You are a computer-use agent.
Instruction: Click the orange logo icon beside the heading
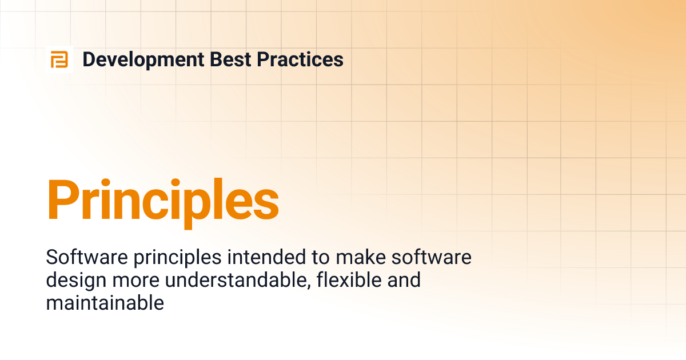(59, 59)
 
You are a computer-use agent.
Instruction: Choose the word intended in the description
(262, 258)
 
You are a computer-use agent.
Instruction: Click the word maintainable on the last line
(105, 303)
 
